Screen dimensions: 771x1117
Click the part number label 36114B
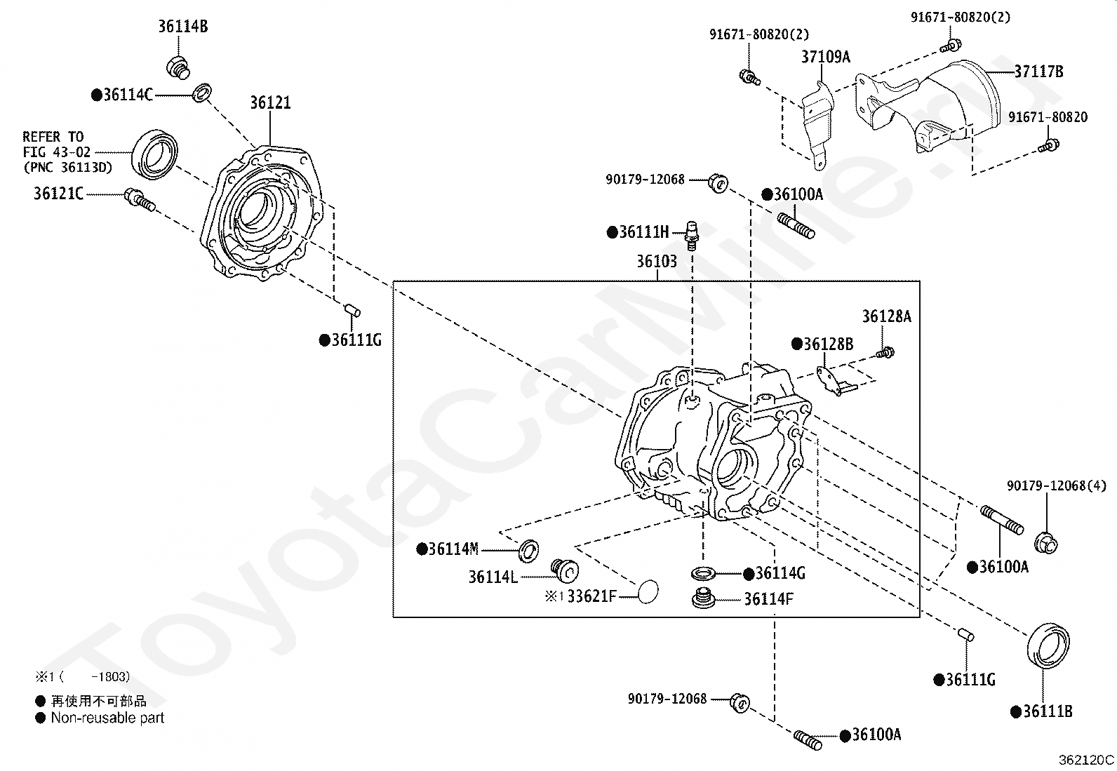[182, 27]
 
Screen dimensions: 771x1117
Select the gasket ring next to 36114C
[202, 92]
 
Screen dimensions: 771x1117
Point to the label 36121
[270, 103]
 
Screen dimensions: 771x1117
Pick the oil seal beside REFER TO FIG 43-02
[156, 154]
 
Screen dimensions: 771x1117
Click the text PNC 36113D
[67, 168]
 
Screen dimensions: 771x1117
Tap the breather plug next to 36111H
[693, 234]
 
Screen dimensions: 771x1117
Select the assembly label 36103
[657, 262]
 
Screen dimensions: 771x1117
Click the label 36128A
[886, 316]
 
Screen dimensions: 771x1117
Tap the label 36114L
[493, 577]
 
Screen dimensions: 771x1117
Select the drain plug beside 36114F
[704, 600]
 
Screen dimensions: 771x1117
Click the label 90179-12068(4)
[1056, 485]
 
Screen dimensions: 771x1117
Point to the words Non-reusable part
[107, 718]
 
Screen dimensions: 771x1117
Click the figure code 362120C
[1086, 760]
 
